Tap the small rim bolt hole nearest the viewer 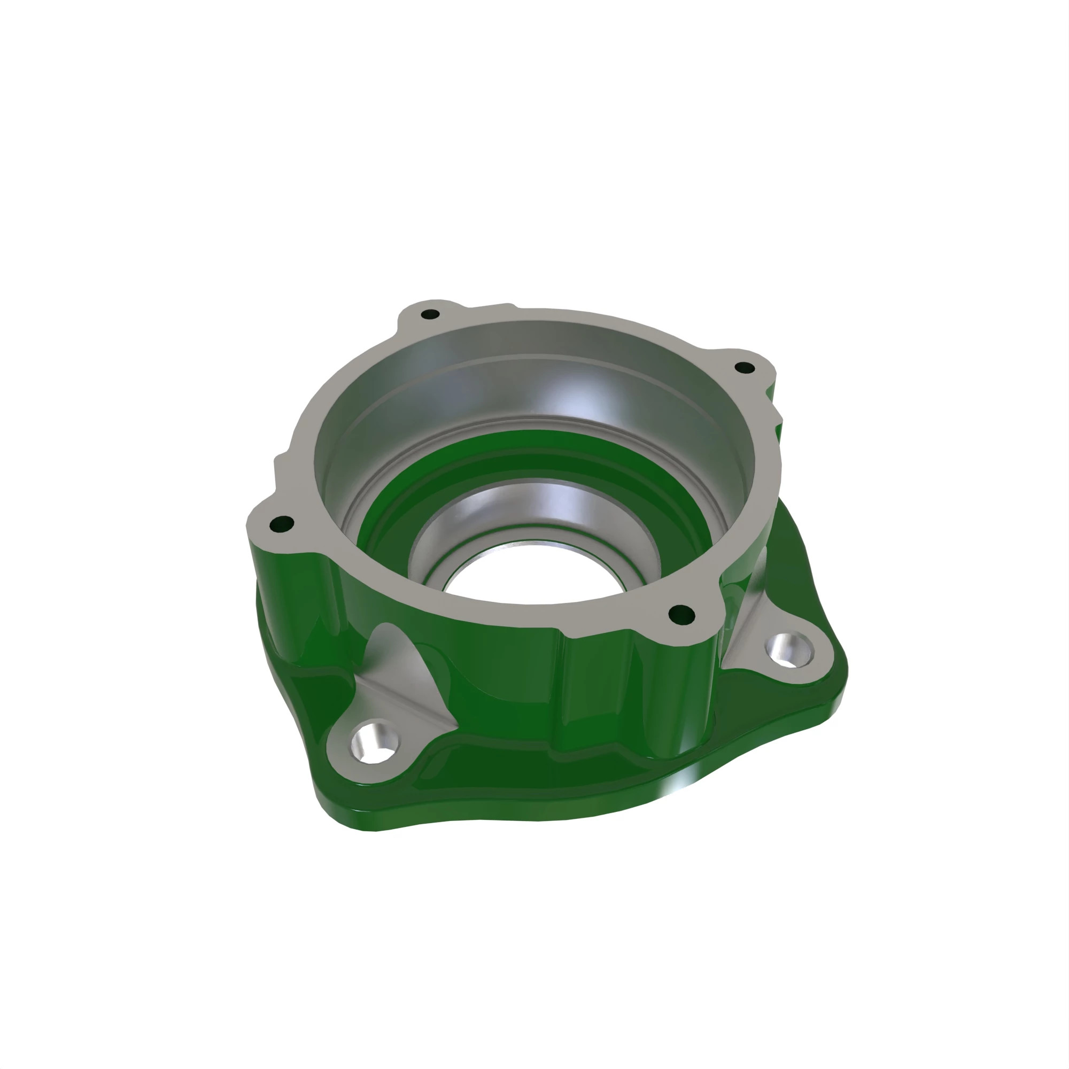[681, 613]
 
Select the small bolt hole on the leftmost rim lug [283, 522]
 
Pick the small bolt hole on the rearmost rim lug [430, 315]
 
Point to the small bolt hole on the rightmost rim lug [744, 367]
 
